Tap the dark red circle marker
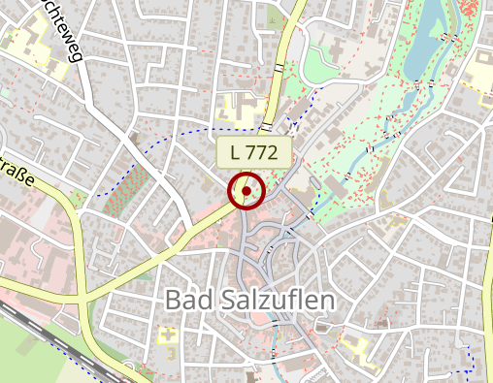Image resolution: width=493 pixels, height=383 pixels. tap(246, 191)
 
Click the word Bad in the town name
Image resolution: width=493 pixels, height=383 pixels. tap(188, 301)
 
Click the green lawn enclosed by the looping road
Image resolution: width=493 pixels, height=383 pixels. tap(317, 63)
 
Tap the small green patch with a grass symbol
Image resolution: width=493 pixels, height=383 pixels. tap(276, 16)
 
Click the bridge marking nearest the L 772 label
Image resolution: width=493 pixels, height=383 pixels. tap(267, 125)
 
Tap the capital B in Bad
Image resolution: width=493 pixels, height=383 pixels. tap(174, 301)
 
